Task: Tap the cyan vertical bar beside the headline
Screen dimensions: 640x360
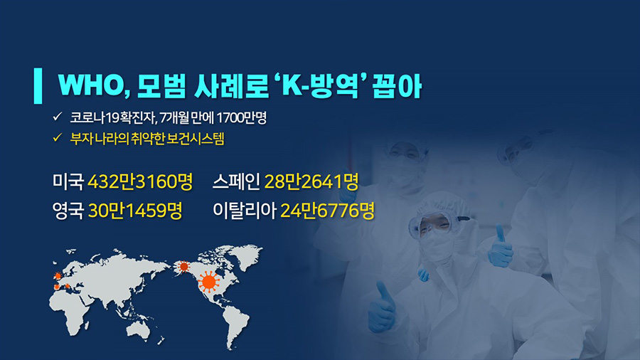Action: (38, 85)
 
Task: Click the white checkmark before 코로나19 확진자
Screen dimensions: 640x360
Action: (57, 117)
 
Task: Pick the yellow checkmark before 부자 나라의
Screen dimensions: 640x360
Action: (57, 137)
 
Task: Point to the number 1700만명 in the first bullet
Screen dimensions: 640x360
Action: (241, 118)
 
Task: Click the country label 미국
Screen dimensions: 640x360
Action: (68, 181)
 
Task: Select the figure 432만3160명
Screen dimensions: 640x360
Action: (140, 181)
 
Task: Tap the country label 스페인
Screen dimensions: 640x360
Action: (236, 181)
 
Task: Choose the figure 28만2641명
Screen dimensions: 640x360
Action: (311, 181)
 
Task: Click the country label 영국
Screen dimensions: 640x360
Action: (68, 211)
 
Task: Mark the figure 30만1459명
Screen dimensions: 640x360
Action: (135, 211)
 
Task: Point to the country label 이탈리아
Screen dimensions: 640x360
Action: (245, 211)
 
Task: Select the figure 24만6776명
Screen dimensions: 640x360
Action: (327, 211)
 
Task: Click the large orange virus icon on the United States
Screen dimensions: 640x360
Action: (209, 281)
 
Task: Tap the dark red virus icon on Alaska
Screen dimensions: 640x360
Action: (184, 267)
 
